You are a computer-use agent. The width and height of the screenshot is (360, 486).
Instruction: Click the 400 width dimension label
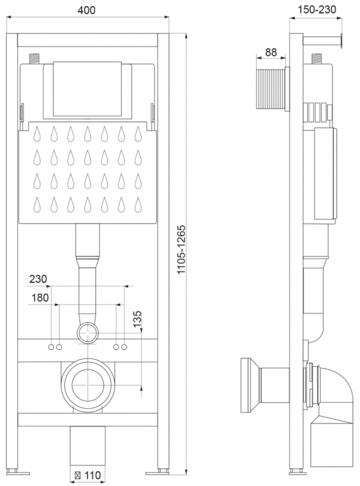[86, 10]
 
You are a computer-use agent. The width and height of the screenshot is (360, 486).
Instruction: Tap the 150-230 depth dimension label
[317, 10]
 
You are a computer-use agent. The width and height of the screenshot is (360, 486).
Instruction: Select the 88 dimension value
[271, 52]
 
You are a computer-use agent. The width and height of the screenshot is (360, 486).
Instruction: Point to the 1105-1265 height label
[181, 249]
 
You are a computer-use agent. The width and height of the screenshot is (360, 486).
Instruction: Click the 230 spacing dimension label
[38, 279]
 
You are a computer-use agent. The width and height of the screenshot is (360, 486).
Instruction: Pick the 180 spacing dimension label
[40, 298]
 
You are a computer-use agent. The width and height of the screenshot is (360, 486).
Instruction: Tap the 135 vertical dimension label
[137, 320]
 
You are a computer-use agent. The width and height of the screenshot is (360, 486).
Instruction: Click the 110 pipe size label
[92, 475]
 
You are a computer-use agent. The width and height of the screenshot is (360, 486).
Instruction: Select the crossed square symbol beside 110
[78, 475]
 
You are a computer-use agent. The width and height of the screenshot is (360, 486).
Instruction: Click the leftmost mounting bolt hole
[51, 347]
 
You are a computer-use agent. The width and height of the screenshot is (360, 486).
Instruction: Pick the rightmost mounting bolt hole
[124, 347]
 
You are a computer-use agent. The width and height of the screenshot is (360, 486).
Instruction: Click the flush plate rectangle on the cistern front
[87, 89]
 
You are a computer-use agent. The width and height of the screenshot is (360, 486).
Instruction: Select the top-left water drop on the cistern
[37, 134]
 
